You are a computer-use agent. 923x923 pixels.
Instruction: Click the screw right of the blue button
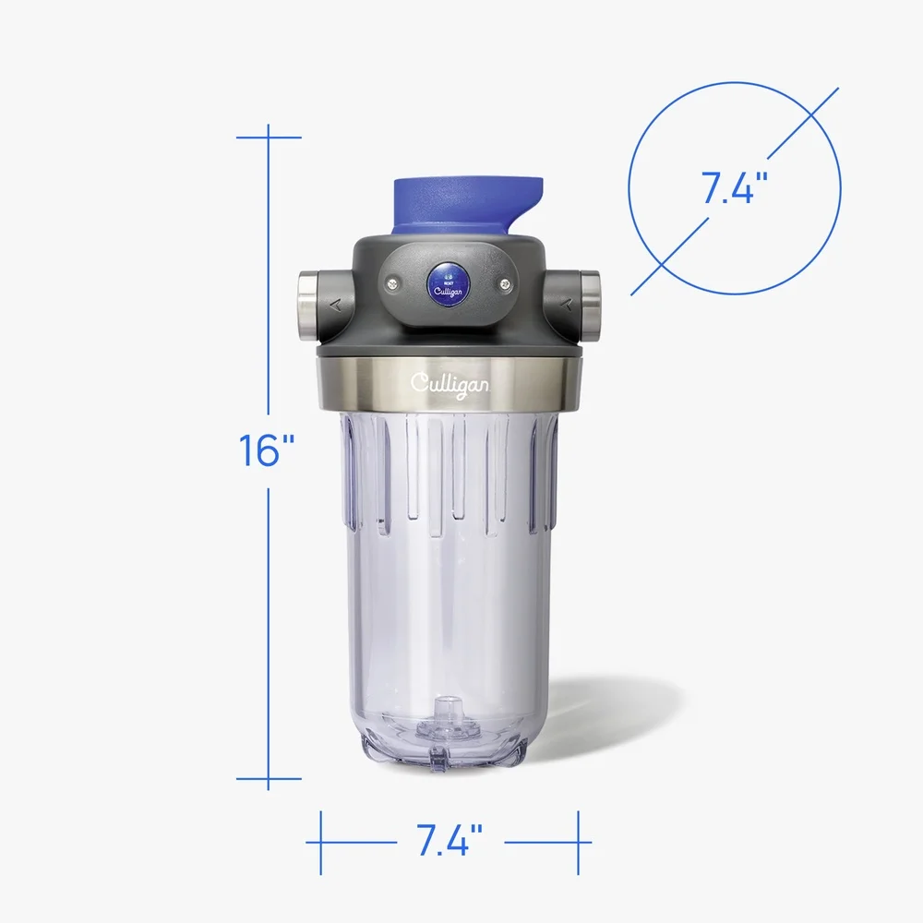505,285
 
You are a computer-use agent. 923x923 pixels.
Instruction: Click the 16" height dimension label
267,450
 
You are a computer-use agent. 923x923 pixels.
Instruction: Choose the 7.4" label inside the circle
735,188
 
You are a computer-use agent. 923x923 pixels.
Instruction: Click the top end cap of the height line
269,138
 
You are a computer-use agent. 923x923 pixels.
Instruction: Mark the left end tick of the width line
320,843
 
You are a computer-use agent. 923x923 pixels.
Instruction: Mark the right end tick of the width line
579,843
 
